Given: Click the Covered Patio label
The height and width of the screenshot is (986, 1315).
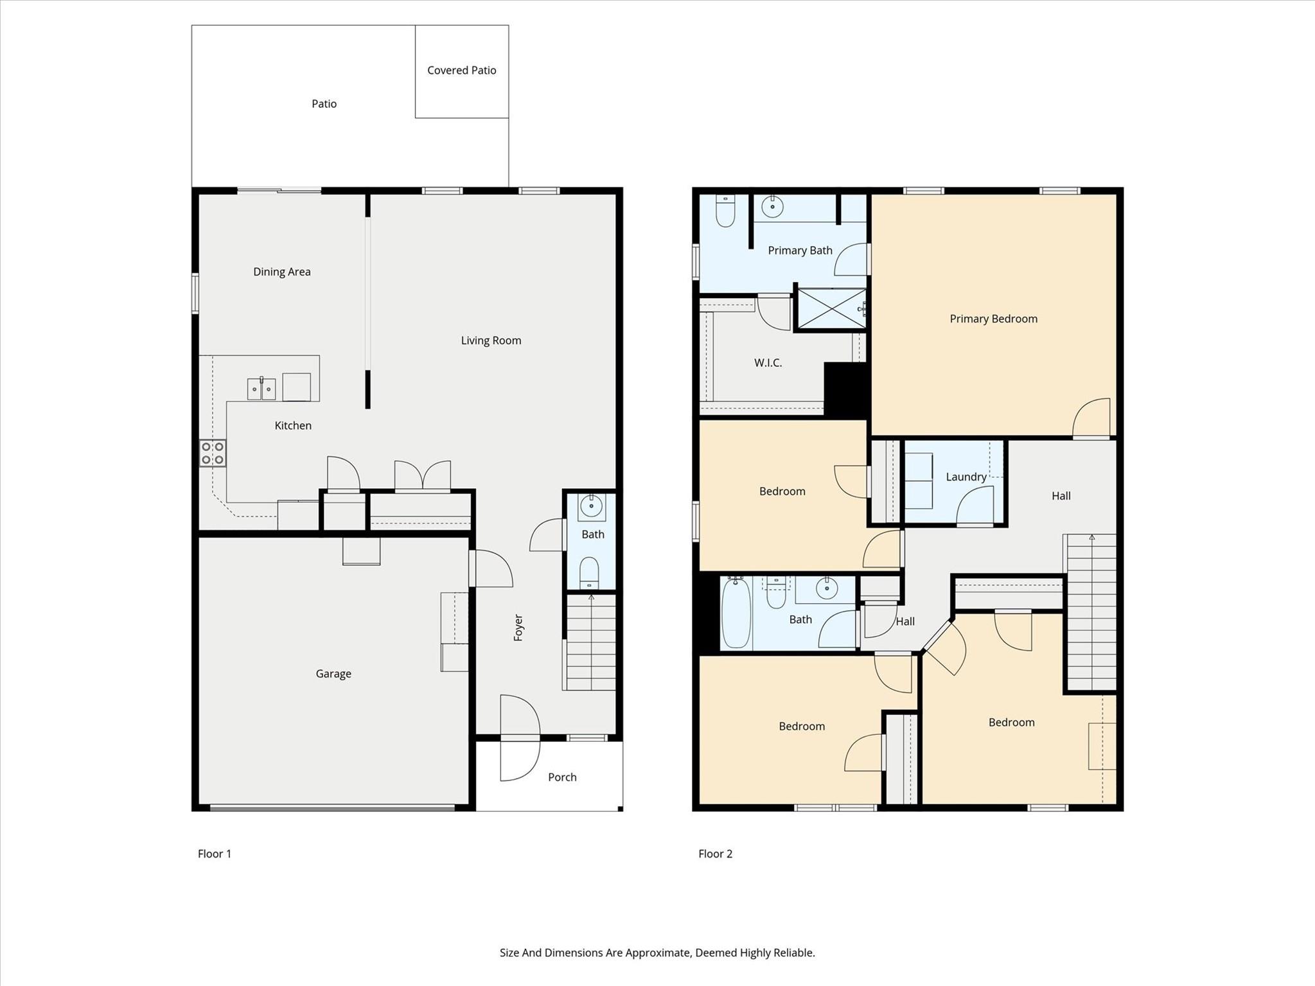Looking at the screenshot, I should pyautogui.click(x=461, y=70).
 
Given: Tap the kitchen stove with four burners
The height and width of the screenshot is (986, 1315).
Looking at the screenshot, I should pyautogui.click(x=213, y=452).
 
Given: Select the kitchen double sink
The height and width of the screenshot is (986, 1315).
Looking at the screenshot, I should pyautogui.click(x=261, y=389).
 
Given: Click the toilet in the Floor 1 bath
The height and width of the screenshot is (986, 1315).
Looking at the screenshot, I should pyautogui.click(x=589, y=572).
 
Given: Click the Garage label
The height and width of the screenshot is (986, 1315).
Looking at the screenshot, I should pyautogui.click(x=333, y=673).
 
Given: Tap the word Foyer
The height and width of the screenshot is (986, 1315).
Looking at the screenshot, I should pyautogui.click(x=518, y=627).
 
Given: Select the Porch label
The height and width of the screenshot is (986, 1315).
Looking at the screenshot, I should pyautogui.click(x=562, y=777).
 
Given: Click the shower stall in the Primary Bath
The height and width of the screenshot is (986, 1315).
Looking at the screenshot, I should pyautogui.click(x=831, y=309).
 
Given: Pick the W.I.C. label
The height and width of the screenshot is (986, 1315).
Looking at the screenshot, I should pyautogui.click(x=768, y=362).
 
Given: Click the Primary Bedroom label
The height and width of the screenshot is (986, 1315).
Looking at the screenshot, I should pyautogui.click(x=993, y=319).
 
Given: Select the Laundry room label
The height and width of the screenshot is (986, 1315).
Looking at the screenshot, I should pyautogui.click(x=966, y=477).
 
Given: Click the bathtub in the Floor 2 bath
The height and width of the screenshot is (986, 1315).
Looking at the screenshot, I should pyautogui.click(x=736, y=612).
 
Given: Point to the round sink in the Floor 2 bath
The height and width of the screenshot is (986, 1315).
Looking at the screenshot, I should pyautogui.click(x=826, y=588).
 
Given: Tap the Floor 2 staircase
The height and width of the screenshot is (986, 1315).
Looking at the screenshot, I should pyautogui.click(x=1091, y=613).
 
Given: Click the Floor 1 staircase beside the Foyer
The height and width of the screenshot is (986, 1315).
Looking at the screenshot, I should pyautogui.click(x=590, y=642).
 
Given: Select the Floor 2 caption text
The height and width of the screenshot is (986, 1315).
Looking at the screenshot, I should pyautogui.click(x=715, y=853).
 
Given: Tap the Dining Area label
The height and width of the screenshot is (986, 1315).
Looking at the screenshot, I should pyautogui.click(x=281, y=272).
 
